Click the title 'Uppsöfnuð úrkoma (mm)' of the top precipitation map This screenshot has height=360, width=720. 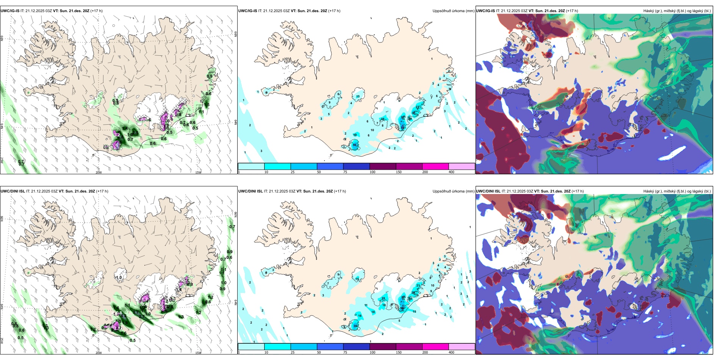pos(453,11)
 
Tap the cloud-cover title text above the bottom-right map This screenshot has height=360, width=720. pos(677,191)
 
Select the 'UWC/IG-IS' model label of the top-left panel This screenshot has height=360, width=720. pos(10,11)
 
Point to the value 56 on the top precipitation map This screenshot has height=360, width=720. pos(355,145)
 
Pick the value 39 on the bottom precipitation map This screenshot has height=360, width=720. pos(355,326)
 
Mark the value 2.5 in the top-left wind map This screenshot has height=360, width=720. pos(135,132)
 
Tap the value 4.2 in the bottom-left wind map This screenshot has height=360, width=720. pos(124,316)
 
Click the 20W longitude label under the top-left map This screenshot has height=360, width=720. pos(99,172)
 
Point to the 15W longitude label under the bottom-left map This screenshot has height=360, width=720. pos(198,353)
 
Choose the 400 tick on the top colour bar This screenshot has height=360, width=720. pos(451,172)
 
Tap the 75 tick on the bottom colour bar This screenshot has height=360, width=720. pos(345,352)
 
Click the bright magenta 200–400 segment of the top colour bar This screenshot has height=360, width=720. pos(435,166)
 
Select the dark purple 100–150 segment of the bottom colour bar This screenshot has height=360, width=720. pos(383,347)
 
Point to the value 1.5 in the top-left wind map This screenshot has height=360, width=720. pos(207,105)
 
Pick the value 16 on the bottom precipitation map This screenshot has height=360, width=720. pos(360,316)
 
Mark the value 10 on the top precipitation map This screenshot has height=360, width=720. pos(372,130)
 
